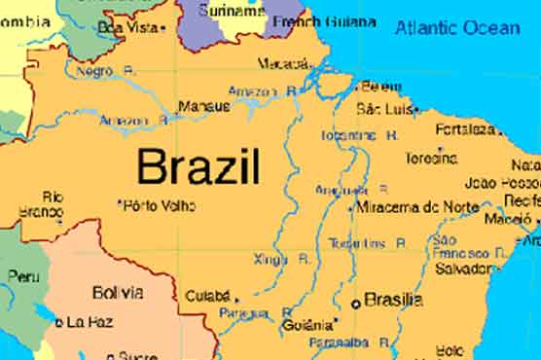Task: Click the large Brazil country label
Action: [x=198, y=166]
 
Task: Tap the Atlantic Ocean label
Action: [x=456, y=27]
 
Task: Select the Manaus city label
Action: [x=203, y=107]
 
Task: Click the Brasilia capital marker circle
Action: [x=356, y=304]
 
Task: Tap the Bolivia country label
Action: [x=118, y=292]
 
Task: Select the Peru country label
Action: [x=23, y=276]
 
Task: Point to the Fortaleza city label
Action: [x=466, y=128]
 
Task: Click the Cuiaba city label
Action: [x=206, y=295]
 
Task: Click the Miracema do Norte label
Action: [x=417, y=207]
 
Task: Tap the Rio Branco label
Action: [x=40, y=203]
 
